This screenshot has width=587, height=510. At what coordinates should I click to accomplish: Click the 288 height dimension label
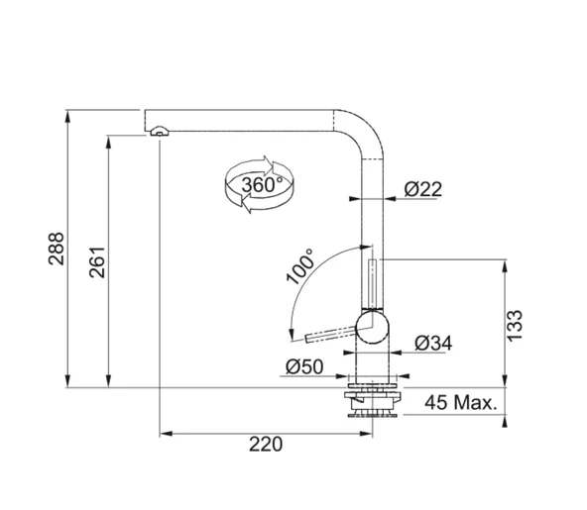56,251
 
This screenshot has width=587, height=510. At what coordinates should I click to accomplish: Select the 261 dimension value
97,259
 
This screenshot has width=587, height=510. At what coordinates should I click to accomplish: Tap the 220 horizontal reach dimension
265,445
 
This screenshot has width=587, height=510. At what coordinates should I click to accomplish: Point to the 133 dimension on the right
515,325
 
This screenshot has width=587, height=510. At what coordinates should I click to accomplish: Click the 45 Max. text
460,403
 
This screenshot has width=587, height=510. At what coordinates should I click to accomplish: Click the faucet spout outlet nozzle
159,132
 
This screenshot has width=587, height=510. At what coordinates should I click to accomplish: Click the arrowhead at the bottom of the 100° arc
289,335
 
